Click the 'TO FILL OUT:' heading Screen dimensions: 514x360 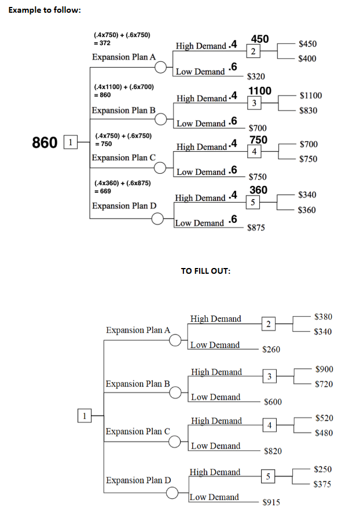[x=205, y=270]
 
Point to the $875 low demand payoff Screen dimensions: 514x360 [x=256, y=228]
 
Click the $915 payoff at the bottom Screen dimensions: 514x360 [x=271, y=502]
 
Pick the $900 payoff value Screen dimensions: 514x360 [x=324, y=369]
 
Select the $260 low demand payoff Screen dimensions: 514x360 [x=271, y=349]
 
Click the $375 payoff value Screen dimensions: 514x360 [x=322, y=484]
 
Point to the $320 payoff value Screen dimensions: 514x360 [x=256, y=76]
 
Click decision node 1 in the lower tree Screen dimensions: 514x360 [x=84, y=414]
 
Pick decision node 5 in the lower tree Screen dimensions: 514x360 [x=267, y=476]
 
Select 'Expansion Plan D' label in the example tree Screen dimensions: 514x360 [x=124, y=206]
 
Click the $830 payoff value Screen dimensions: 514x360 [x=308, y=111]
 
